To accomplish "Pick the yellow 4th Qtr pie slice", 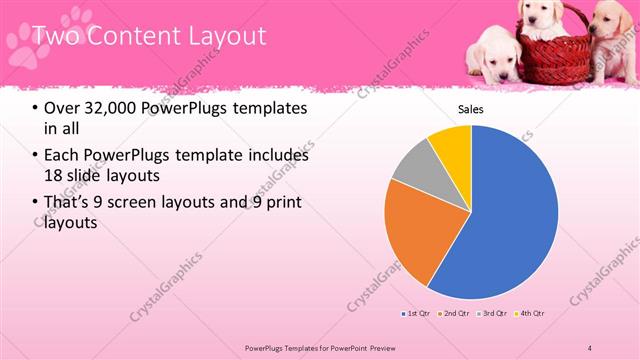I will coord(452,143).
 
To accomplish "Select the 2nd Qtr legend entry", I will coord(454,313).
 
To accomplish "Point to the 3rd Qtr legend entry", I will coord(493,313).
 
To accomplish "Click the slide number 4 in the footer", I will coord(590,347).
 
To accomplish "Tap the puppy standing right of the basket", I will coord(612,40).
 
